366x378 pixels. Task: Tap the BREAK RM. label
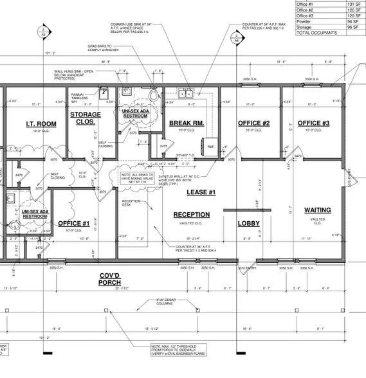pos(187,123)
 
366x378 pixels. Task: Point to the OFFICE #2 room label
pos(253,123)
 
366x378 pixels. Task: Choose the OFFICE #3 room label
pos(313,123)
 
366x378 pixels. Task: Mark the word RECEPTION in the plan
pos(192,215)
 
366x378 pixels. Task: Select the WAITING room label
pos(317,210)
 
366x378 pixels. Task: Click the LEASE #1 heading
pos(201,192)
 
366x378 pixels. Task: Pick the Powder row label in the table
pos(304,19)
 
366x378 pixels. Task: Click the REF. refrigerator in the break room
pos(211,147)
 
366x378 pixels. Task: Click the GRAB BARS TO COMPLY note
pos(100,49)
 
